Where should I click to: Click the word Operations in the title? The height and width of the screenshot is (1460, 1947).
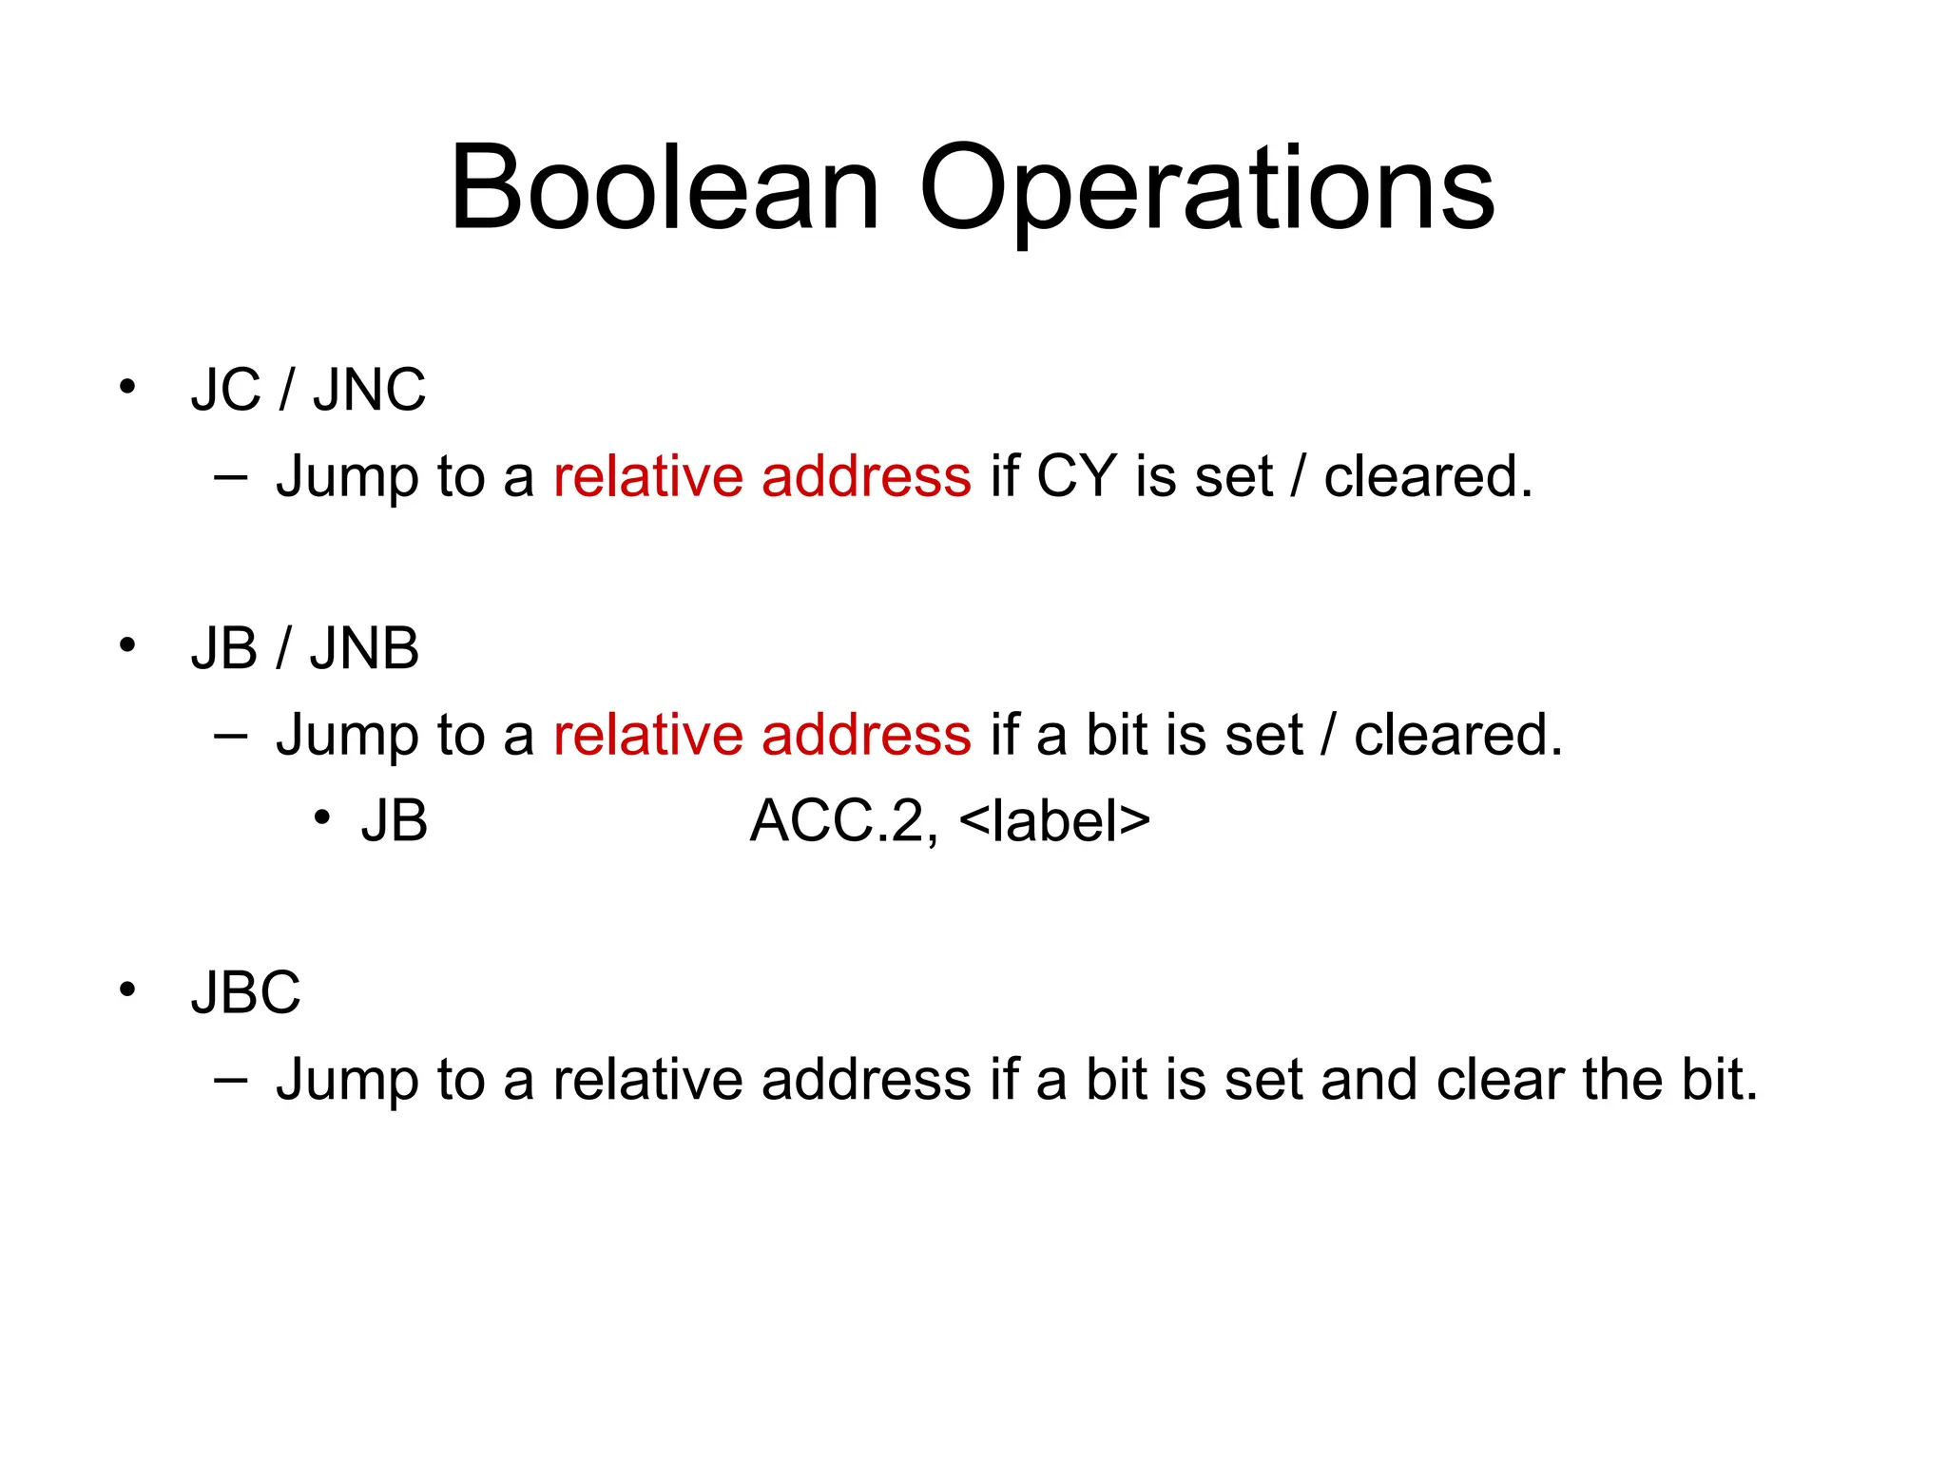(1206, 190)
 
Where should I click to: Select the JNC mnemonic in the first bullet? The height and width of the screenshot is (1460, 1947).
(369, 390)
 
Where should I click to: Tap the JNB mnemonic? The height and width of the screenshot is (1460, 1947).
(364, 648)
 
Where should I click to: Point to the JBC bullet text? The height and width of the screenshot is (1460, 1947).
(245, 992)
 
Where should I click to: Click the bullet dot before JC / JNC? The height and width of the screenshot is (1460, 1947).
(127, 387)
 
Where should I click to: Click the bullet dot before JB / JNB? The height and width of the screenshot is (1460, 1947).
(127, 645)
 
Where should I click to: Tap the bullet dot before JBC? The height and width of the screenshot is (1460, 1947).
(127, 989)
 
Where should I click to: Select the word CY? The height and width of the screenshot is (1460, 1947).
(1076, 476)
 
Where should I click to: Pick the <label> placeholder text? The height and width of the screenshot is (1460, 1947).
(1054, 820)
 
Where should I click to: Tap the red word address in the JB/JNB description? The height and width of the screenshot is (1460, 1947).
(866, 735)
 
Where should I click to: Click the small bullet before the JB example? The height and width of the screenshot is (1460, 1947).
(322, 818)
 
